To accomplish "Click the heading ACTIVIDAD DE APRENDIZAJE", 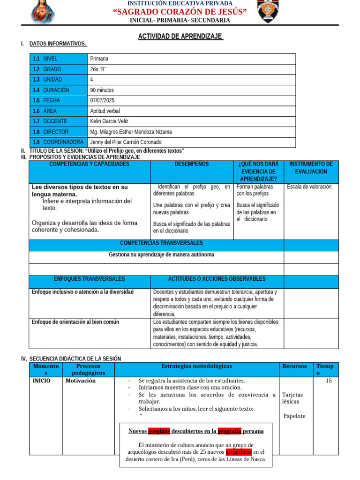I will coord(180,37).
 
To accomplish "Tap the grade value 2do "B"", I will coord(98,69).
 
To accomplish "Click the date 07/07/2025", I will coord(102,100).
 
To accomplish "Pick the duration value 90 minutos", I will coord(102,90).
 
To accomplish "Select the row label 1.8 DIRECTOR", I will coord(51,132).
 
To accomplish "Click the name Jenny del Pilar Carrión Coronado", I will coord(126,142).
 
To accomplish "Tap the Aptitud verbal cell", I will coord(105,111).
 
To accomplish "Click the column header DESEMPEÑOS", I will coord(192,164).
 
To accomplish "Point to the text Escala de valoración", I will coord(310,187).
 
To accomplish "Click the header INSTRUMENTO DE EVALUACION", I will coord(311,168).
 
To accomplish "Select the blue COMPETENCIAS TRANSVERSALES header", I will coord(161,243).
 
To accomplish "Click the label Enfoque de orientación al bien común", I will coord(75,322).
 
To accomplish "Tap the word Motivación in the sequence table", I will coord(81,381).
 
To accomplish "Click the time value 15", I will coord(329,381).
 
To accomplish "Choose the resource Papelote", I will coord(294,416).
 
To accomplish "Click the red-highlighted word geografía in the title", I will coord(229,431).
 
